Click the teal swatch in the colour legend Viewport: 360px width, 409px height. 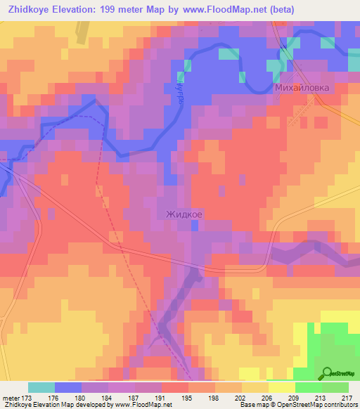pos(41,387)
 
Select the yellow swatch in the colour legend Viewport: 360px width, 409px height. pos(281,387)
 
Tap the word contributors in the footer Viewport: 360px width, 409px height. pos(336,405)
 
